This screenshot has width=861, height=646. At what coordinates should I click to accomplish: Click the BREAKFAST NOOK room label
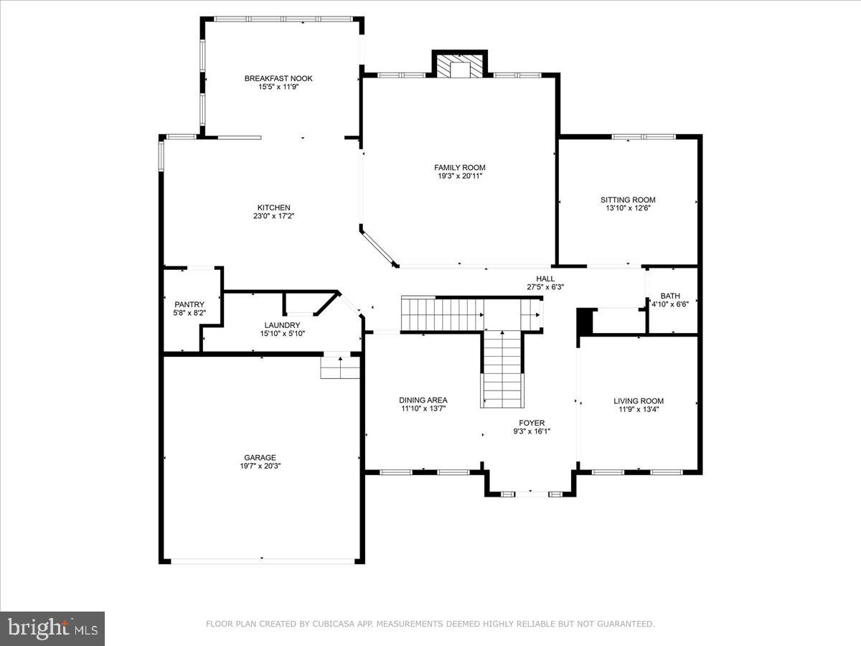click(278, 78)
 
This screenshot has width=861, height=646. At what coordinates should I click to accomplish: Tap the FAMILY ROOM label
click(459, 168)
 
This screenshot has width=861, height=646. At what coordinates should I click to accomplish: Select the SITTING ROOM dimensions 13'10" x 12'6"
click(628, 208)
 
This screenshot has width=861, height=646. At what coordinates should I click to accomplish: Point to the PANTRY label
click(189, 304)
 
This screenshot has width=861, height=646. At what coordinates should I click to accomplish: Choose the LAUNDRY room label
click(281, 325)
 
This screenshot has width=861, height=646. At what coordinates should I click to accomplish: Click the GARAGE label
click(260, 457)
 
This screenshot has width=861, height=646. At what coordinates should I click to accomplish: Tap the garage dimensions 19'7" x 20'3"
click(260, 466)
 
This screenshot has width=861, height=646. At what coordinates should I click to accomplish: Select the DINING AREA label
click(423, 400)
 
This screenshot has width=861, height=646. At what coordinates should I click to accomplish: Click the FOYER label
click(532, 423)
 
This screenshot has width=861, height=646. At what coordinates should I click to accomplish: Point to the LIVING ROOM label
click(639, 401)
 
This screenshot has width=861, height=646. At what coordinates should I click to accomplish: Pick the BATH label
click(670, 295)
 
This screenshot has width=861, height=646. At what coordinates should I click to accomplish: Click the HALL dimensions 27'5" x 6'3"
click(545, 287)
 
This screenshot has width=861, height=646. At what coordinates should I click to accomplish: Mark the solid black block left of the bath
click(586, 321)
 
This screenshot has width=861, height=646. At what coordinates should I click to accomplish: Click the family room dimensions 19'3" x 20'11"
click(459, 177)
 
